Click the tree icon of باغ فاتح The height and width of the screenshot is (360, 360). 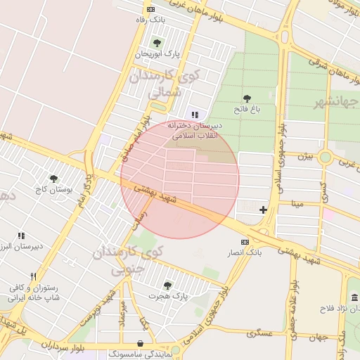(x=247, y=98)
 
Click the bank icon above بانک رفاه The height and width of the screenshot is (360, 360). (x=150, y=9)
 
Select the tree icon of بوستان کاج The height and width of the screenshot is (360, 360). (x=53, y=179)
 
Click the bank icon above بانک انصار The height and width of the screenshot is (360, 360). (x=245, y=242)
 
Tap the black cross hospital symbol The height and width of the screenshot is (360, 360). (x=263, y=210)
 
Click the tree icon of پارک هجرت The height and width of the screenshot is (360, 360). (x=167, y=285)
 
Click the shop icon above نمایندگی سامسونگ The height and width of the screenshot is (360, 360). (x=141, y=344)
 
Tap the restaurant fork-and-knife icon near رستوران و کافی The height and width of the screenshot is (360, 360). (x=32, y=276)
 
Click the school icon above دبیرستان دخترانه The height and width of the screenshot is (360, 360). (x=195, y=115)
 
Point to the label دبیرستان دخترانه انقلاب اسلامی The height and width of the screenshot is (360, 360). (x=195, y=130)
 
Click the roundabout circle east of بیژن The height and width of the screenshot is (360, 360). (x=325, y=157)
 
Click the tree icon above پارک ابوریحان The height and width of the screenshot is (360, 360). (x=157, y=43)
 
